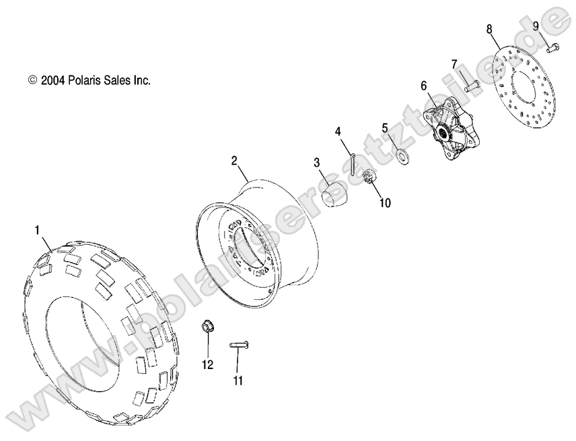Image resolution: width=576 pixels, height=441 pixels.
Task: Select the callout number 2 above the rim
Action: [x=235, y=161]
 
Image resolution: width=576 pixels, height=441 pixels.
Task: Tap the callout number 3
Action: [x=316, y=163]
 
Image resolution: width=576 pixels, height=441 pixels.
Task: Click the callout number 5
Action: [x=385, y=127]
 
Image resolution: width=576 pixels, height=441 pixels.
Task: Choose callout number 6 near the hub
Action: [x=424, y=85]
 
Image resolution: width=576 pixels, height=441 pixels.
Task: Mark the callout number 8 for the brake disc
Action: [x=489, y=28]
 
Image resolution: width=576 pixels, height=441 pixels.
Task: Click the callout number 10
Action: [x=384, y=202]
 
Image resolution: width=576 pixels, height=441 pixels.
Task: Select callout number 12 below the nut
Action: [x=207, y=364]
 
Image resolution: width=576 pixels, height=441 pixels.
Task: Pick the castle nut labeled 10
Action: [x=369, y=179]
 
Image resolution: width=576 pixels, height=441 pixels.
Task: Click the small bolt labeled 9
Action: [x=552, y=48]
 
